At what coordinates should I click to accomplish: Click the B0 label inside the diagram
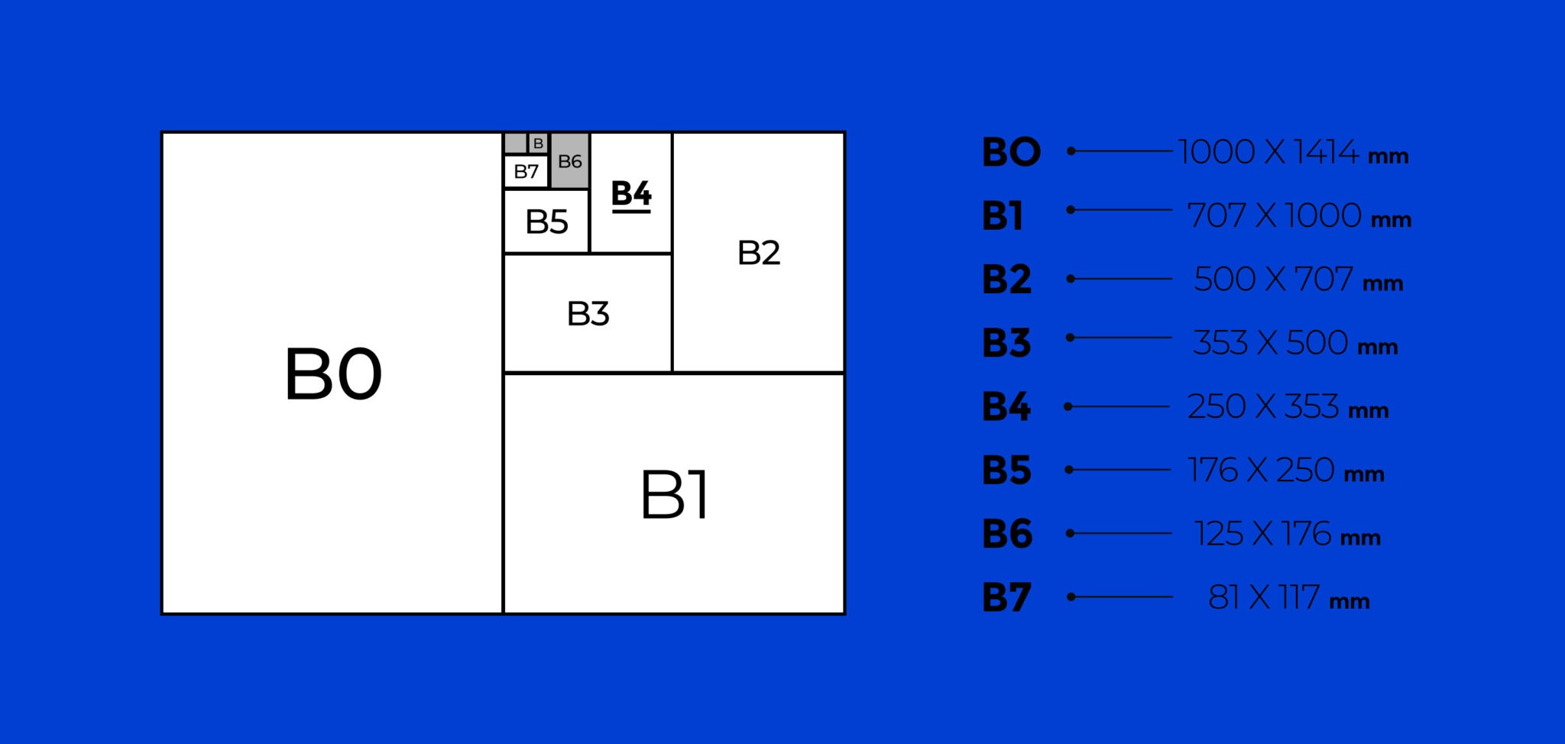point(333,374)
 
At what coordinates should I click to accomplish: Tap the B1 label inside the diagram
point(674,495)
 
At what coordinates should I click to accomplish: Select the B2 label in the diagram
point(759,253)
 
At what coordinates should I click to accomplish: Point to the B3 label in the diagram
point(588,314)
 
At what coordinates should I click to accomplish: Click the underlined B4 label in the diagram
point(631,194)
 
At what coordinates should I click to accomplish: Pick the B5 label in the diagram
point(546,222)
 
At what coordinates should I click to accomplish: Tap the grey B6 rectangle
point(570,161)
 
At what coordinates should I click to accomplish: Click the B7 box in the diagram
point(527,172)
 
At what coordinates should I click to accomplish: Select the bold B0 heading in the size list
point(1011,152)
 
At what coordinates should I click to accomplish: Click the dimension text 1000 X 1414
point(1268,152)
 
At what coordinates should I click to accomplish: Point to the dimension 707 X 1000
point(1274,215)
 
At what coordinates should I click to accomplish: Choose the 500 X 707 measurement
point(1273,280)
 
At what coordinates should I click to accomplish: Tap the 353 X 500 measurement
point(1270,343)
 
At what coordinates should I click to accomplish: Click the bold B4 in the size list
point(1006,406)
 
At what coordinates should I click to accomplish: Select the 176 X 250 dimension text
point(1261,471)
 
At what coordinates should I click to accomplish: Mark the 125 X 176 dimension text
point(1262,534)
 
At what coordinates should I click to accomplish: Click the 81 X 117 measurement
point(1263,597)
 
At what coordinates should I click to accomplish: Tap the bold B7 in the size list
point(1006,597)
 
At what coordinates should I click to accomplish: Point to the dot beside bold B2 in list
point(1071,279)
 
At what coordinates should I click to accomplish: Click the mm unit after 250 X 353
point(1368,411)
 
